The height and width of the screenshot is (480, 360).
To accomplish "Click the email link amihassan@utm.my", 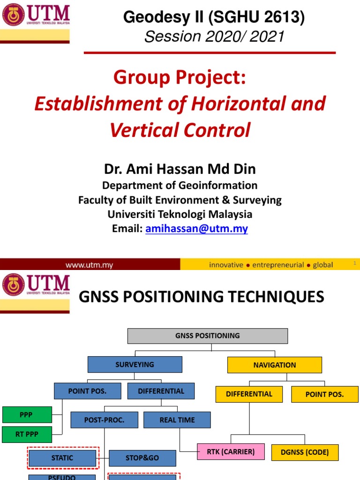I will (196, 229).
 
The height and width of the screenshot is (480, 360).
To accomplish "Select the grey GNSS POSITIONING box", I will (207, 336).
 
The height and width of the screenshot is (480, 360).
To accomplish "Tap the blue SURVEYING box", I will (135, 364).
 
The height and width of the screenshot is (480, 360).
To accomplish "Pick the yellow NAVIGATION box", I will (274, 365).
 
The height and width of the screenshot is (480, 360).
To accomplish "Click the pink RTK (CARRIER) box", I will (231, 452).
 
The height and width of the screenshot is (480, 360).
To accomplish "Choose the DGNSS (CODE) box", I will (305, 452).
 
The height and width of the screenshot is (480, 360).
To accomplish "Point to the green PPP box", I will (26, 415).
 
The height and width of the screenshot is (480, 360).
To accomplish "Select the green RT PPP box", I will (27, 434).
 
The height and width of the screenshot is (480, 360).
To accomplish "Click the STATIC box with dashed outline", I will (62, 458).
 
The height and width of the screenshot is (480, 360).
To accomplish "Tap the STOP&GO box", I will (142, 458).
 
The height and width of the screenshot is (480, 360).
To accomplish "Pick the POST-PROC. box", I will (104, 420).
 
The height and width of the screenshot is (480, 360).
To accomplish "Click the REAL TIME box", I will (177, 420).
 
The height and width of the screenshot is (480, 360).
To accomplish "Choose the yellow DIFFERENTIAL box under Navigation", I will (249, 394).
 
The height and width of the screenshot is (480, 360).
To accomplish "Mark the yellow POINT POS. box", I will (324, 394).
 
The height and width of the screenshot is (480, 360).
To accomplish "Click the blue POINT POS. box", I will (87, 391).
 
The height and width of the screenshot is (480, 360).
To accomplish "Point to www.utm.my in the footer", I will (89, 265).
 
